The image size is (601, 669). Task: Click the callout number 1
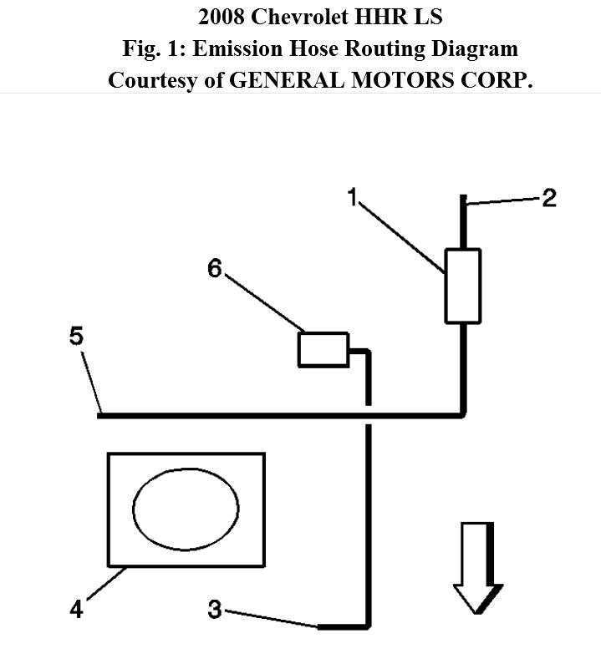click(x=353, y=198)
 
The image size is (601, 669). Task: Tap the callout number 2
click(x=549, y=198)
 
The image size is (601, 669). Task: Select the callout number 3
click(x=215, y=611)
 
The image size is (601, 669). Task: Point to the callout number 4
click(x=76, y=610)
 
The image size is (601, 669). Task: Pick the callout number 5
click(x=76, y=337)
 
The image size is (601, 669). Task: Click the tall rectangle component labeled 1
click(x=462, y=285)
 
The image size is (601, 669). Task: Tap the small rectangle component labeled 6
click(x=323, y=348)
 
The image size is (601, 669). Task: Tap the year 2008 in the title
click(x=221, y=18)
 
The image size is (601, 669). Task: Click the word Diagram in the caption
click(x=481, y=48)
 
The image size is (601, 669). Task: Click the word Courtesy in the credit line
click(x=155, y=80)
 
